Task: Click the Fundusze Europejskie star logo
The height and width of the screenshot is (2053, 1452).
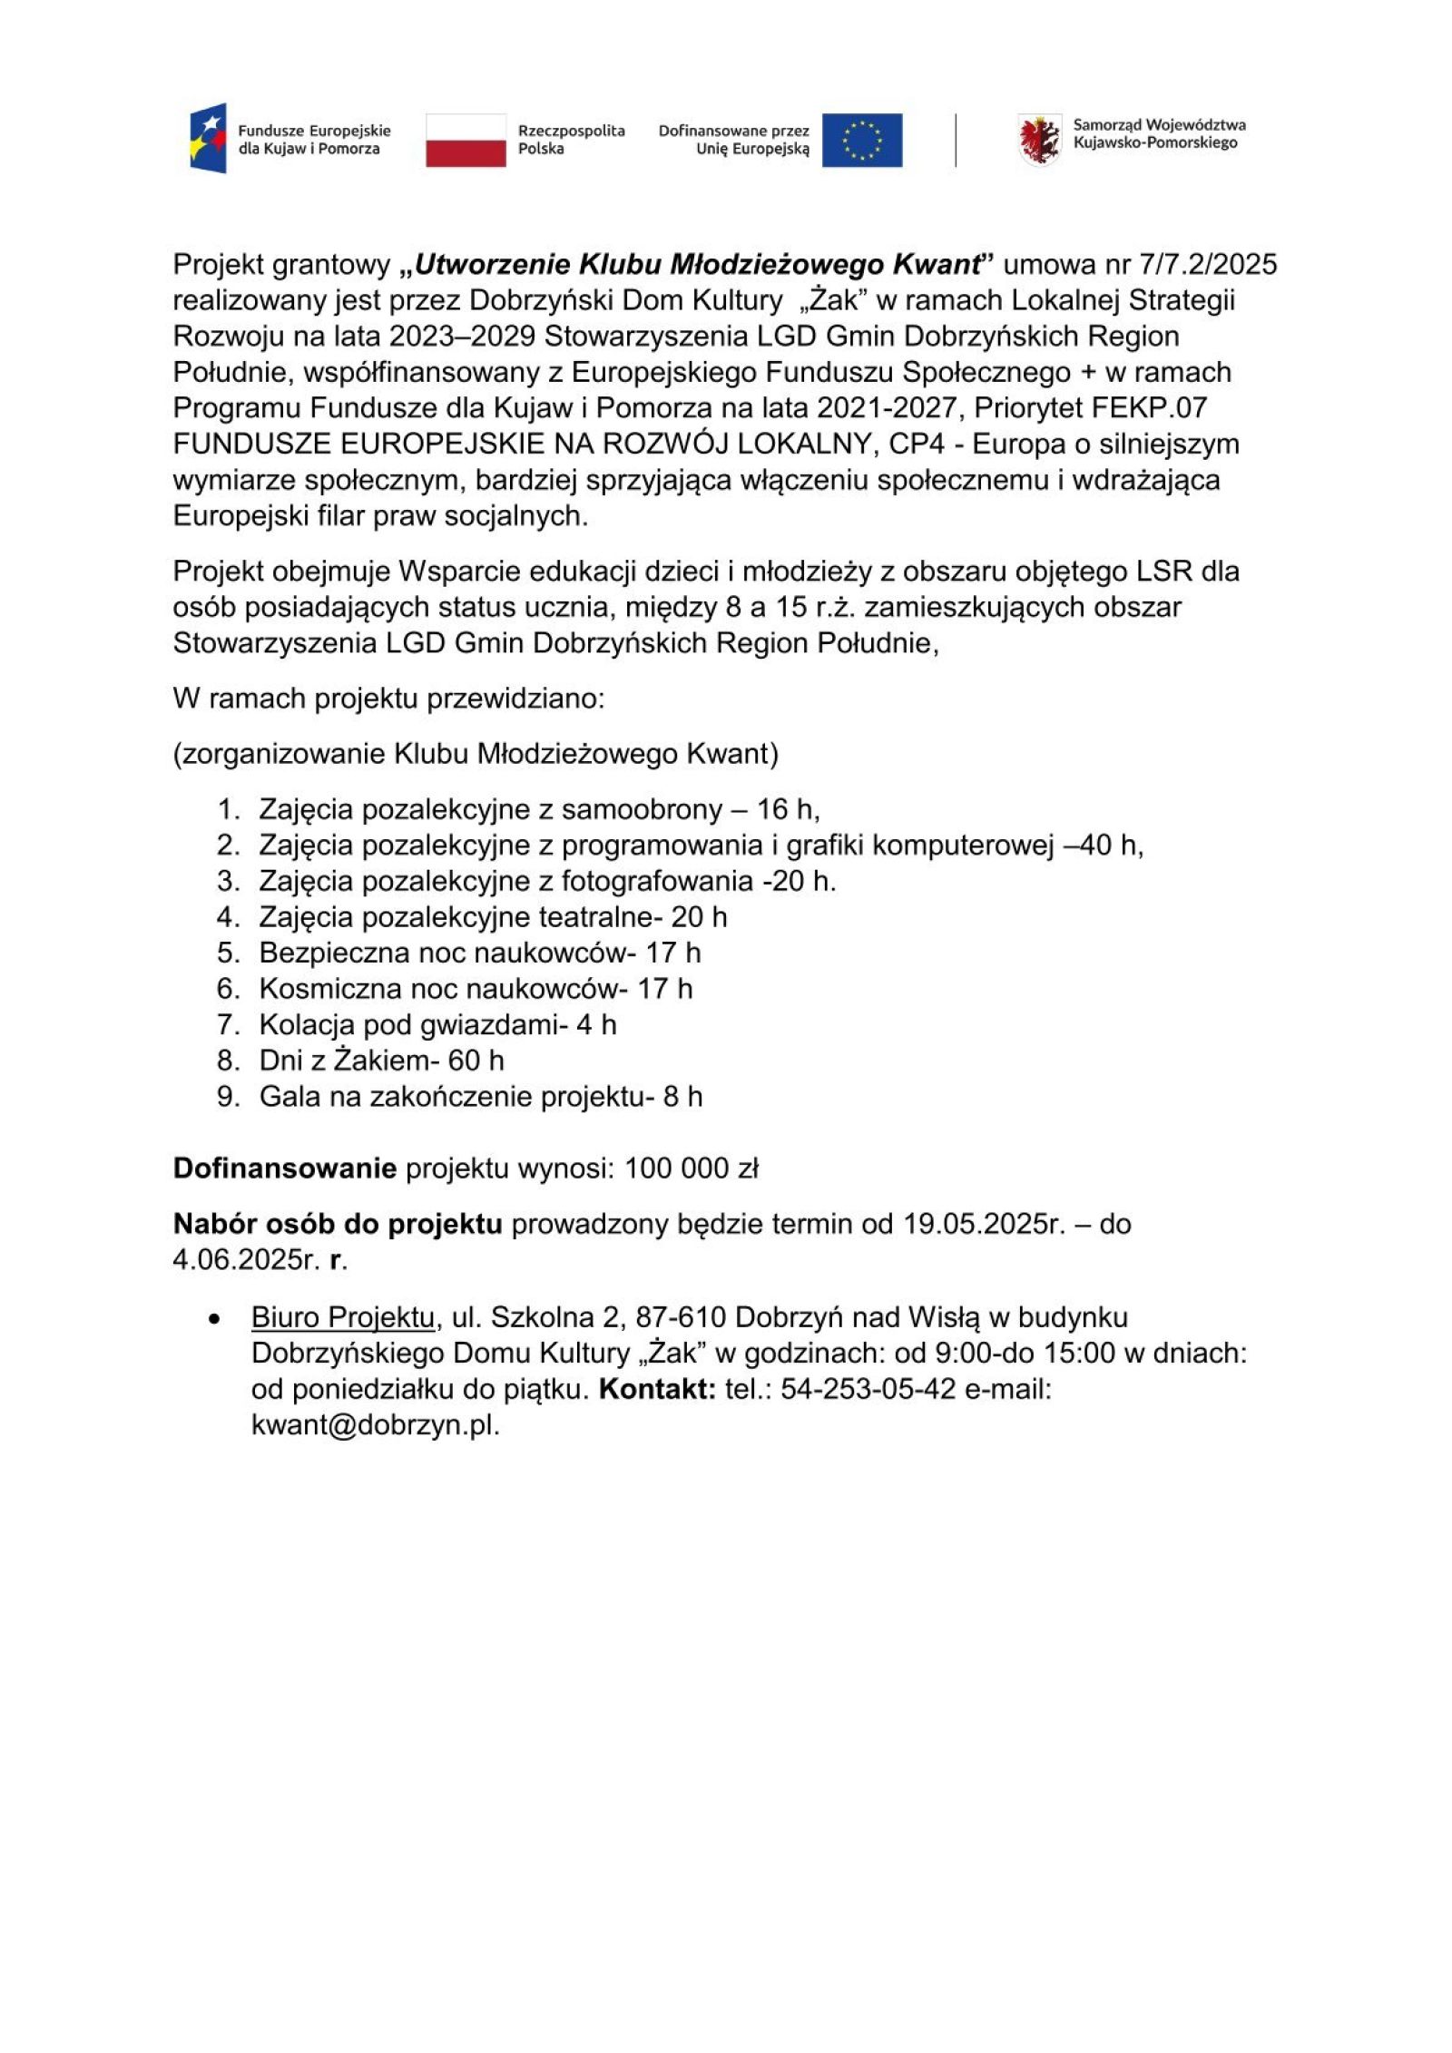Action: pos(208,139)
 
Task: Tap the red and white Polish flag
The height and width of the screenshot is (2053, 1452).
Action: pos(466,140)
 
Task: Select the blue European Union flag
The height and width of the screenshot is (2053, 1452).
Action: pos(861,140)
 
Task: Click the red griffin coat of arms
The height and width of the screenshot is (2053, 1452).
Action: pos(1039,140)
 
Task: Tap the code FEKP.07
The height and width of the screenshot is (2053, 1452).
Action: pos(1150,408)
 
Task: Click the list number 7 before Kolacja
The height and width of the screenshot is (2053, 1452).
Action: pos(227,1025)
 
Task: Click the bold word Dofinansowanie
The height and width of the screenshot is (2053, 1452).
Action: pos(285,1168)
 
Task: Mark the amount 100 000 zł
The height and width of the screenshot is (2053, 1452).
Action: pos(691,1168)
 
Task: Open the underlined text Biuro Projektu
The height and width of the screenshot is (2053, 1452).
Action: pos(344,1317)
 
